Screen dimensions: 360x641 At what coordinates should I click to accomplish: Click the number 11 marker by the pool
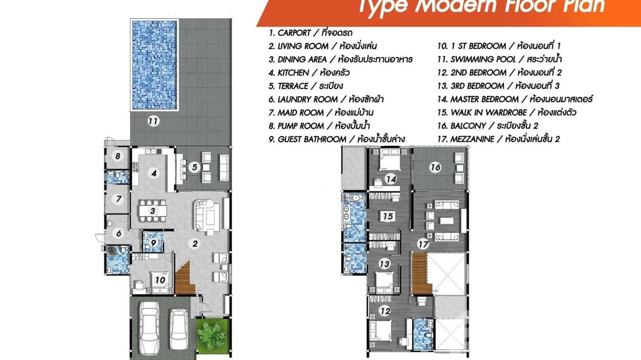coord(153,121)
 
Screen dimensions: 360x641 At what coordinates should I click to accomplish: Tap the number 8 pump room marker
coord(118,156)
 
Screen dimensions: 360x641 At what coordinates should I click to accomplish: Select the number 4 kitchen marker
coord(153,173)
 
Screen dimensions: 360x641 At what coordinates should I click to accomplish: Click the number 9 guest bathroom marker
coord(153,243)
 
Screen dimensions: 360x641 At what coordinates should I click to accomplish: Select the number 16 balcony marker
coord(435,167)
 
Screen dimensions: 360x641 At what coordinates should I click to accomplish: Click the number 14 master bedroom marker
coord(391,179)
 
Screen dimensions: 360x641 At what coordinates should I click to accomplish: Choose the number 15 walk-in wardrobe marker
coord(388,216)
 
